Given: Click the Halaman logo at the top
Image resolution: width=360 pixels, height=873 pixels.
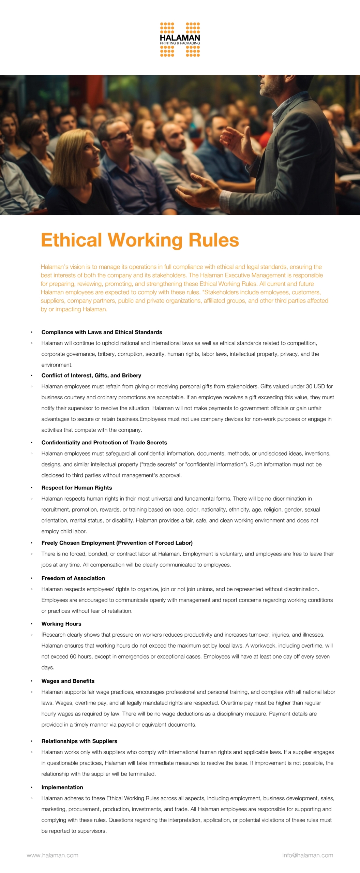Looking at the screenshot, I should coord(180,39).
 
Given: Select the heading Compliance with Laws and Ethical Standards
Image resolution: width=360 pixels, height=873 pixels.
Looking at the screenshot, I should coord(102,332).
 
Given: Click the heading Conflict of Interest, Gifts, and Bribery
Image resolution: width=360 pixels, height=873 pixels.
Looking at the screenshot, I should coord(91,375).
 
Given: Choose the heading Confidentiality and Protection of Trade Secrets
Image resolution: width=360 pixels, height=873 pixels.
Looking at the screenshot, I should coord(104,443).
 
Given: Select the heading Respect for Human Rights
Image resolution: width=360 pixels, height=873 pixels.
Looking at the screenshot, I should coord(77,488).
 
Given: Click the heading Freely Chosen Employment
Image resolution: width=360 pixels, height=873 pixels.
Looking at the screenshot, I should coord(117,543).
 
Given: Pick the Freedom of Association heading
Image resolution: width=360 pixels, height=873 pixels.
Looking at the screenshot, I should coord(73,578).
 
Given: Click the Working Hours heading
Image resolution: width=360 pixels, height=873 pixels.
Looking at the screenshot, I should coord(61,624).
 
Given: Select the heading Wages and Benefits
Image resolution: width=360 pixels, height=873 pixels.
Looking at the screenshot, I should coord(68,681).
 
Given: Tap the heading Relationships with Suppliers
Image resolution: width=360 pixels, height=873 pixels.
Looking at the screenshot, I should coord(79,741).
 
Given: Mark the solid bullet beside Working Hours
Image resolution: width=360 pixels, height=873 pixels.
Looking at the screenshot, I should coord(31,624).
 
